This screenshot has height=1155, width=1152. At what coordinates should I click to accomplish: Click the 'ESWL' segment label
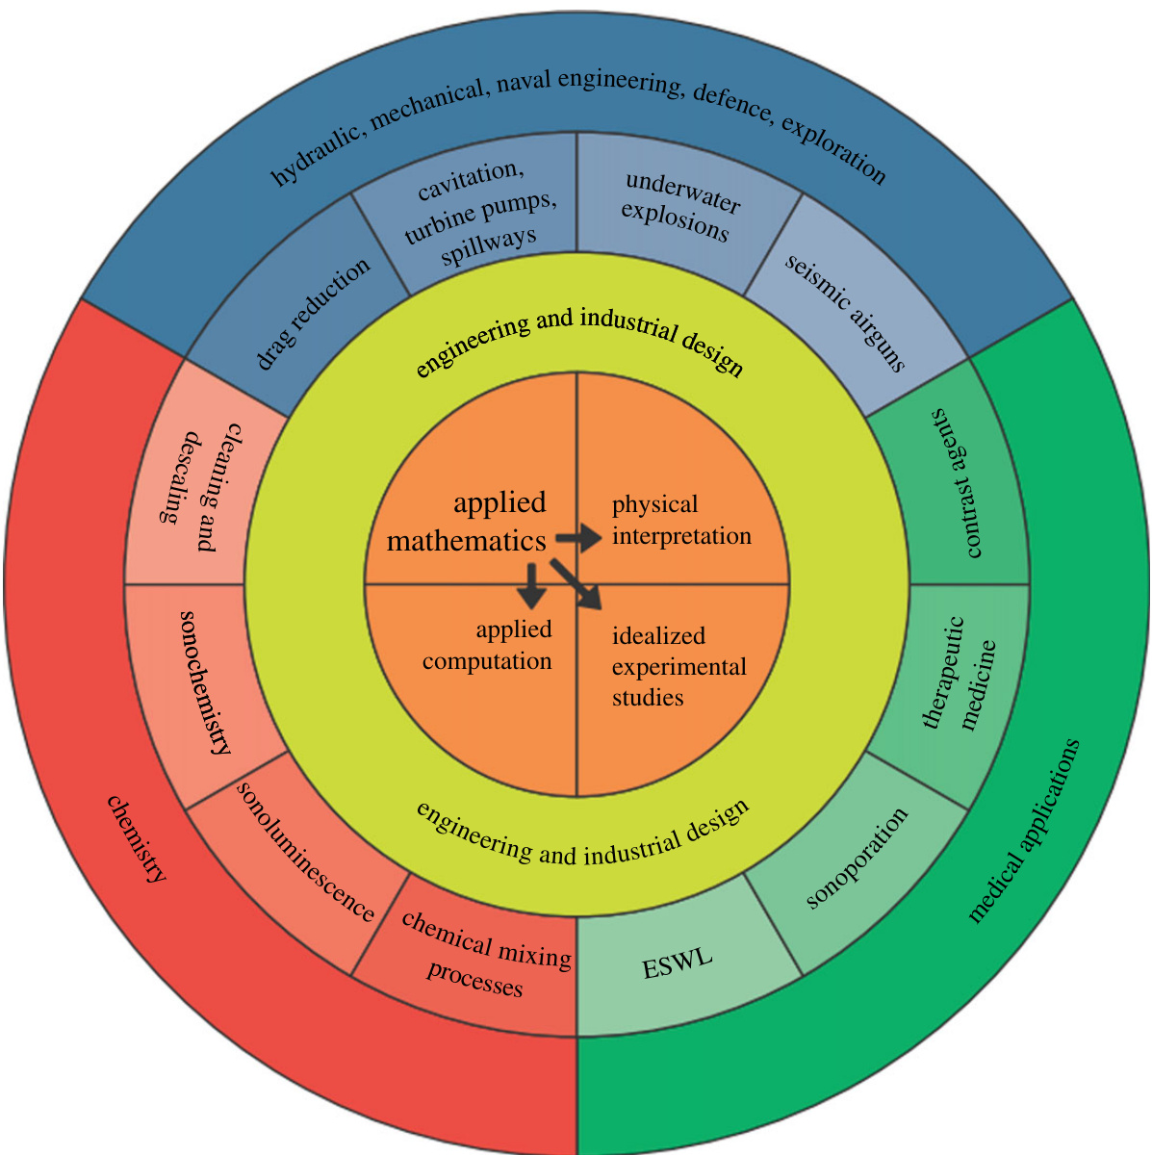pos(678,963)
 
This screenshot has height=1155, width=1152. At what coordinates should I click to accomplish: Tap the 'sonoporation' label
pos(857,857)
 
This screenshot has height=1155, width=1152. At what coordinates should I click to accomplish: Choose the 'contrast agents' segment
pos(959,483)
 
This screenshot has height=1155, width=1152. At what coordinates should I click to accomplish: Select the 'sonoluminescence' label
pos(305,852)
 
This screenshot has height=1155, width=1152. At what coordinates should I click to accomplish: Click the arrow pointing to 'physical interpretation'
pos(579,538)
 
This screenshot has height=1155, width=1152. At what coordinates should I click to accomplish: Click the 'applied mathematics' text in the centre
pos(468,522)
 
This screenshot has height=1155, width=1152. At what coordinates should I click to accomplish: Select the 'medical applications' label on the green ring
pos(1024,832)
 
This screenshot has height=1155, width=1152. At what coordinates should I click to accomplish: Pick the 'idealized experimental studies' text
pos(678,667)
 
